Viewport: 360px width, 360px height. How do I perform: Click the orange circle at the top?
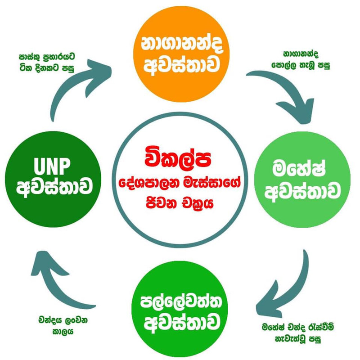181,54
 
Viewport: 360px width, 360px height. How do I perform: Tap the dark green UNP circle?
53,179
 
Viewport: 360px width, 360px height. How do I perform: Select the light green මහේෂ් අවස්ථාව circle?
302,180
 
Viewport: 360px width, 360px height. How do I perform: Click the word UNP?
52,166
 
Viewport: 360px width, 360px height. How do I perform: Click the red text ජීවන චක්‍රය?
180,202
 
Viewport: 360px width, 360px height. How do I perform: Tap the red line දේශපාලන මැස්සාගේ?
180,183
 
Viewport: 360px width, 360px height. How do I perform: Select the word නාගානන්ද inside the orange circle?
182,44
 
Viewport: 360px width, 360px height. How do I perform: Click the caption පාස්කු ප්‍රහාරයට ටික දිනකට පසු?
47,62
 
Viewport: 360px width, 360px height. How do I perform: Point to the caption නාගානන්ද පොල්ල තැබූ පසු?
301,60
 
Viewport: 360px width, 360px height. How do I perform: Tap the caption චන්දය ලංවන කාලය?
63,326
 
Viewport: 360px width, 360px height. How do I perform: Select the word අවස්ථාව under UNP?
54,188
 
